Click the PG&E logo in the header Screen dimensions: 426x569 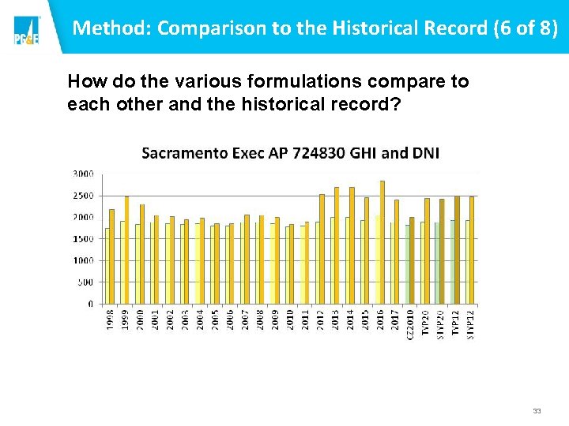(25, 29)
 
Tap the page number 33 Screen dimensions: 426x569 (537, 411)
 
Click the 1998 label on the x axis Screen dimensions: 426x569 (110, 319)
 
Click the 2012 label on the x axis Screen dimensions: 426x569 (321, 319)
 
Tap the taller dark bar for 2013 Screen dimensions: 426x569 (337, 245)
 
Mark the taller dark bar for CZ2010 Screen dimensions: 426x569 (412, 260)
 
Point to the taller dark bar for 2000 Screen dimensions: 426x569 (142, 254)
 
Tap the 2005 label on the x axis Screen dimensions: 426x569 (215, 319)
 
